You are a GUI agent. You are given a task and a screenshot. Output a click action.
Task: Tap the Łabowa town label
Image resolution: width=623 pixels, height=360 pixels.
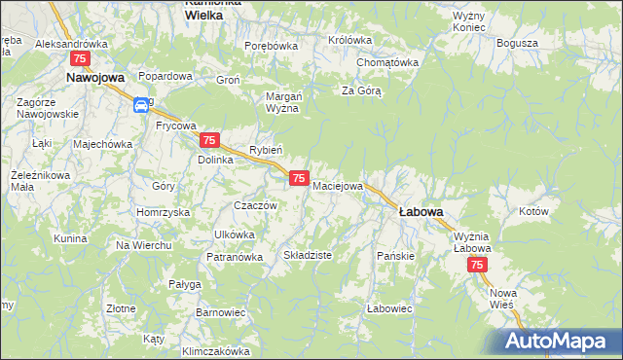pyautogui.click(x=421, y=211)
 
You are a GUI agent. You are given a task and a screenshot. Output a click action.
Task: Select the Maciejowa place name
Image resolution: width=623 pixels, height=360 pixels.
pyautogui.click(x=338, y=185)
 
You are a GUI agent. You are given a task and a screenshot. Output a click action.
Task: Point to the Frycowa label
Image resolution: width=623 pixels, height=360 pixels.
pyautogui.click(x=176, y=126)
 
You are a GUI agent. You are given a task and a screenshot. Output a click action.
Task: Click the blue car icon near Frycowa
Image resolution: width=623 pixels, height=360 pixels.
pyautogui.click(x=141, y=104)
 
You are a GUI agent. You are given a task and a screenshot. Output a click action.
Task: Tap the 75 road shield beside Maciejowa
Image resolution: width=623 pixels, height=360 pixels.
pyautogui.click(x=300, y=178)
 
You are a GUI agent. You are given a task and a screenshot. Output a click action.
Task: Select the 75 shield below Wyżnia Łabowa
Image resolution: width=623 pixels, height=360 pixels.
pyautogui.click(x=477, y=265)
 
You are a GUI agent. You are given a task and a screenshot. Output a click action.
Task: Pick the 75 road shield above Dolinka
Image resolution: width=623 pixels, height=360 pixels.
pyautogui.click(x=209, y=141)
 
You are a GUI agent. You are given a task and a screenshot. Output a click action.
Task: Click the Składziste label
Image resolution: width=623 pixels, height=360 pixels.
pyautogui.click(x=308, y=255)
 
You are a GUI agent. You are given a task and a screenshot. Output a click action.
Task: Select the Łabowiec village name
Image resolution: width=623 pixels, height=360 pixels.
pyautogui.click(x=390, y=308)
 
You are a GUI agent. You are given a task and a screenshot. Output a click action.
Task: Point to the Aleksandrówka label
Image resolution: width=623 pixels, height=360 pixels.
pyautogui.click(x=70, y=44)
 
